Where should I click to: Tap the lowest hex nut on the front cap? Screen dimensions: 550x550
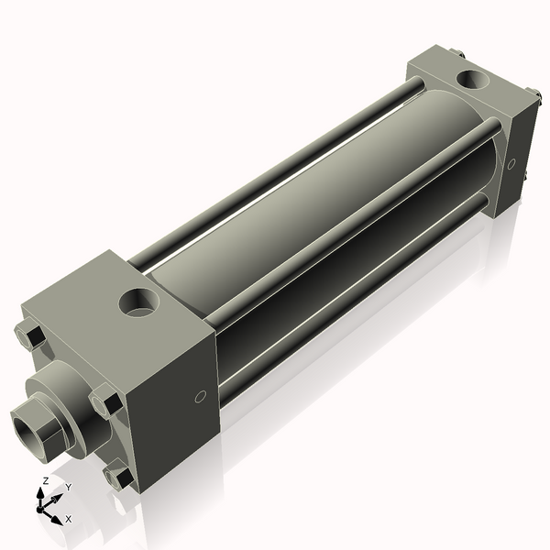pyautogui.click(x=118, y=478)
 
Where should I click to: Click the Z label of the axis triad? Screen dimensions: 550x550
pyautogui.click(x=46, y=481)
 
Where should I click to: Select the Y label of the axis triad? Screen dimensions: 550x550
pyautogui.click(x=68, y=487)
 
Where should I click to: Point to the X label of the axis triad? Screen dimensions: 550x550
pyautogui.click(x=67, y=519)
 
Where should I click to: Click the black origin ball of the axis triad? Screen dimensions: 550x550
pyautogui.click(x=43, y=506)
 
